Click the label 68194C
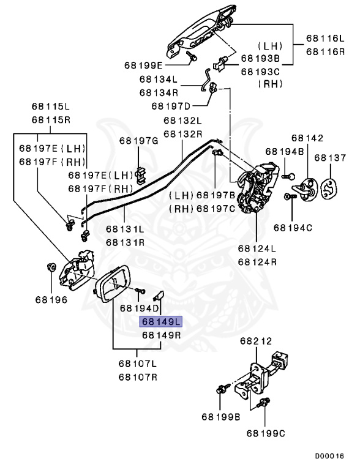point(292,228)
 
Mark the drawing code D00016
point(330,457)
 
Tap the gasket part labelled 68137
point(330,186)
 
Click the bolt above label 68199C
point(265,403)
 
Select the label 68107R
point(138,376)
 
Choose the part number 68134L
point(158,79)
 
